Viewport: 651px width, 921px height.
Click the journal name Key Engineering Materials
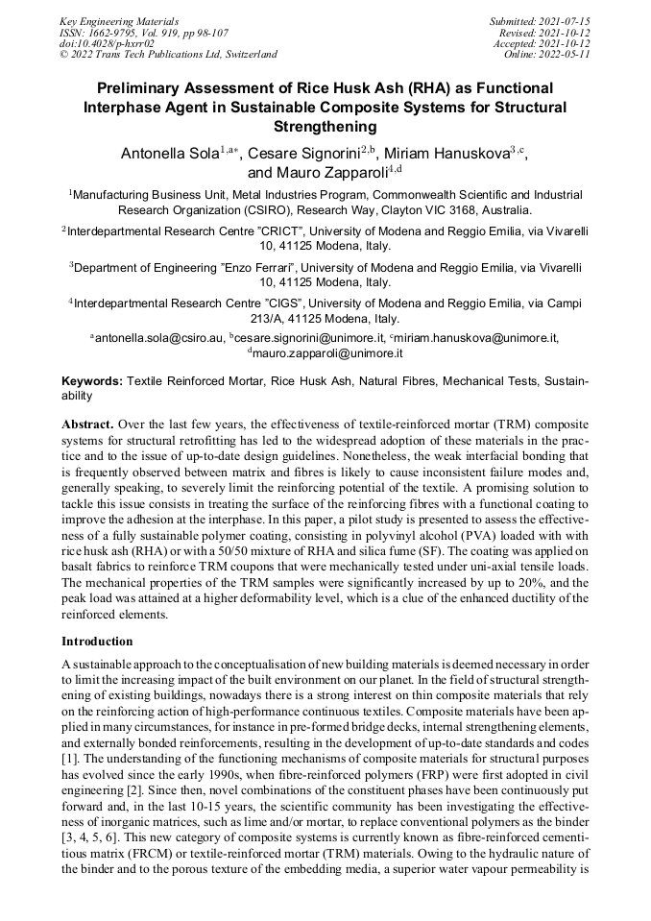tap(119, 20)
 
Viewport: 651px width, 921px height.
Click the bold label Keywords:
tap(92, 381)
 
